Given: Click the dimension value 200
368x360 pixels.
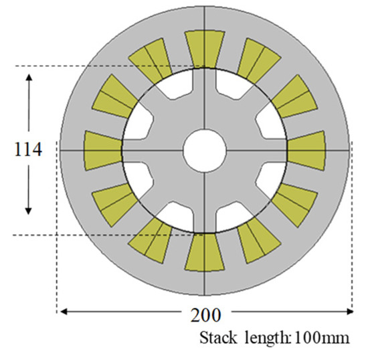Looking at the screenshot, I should point(204,313).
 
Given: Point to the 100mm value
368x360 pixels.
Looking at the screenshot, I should point(318,338).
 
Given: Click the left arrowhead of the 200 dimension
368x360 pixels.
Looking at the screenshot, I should point(62,310).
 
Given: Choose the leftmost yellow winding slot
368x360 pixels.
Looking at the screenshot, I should point(102,149).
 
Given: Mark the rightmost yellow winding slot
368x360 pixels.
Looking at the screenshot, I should point(306,149).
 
